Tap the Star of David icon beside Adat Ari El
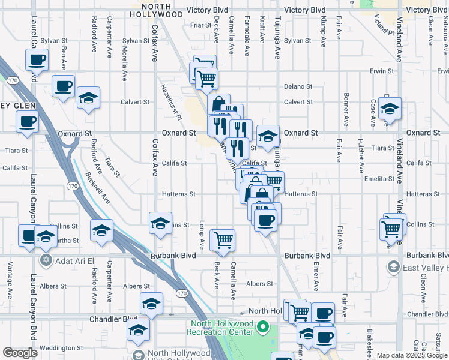tap(46, 262)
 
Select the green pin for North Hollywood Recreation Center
tap(262, 327)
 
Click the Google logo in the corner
tap(20, 353)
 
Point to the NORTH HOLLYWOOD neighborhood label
tap(156, 10)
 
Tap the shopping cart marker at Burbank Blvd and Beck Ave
tap(223, 241)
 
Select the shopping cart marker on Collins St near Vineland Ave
tap(391, 228)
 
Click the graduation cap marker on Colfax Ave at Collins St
tap(160, 223)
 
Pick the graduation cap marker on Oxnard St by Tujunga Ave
tap(268, 136)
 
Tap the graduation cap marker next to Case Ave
tap(390, 109)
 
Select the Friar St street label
tap(197, 25)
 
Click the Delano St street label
tap(298, 86)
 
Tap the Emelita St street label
tap(379, 178)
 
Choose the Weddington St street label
tap(61, 348)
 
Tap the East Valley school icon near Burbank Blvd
tap(394, 267)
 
